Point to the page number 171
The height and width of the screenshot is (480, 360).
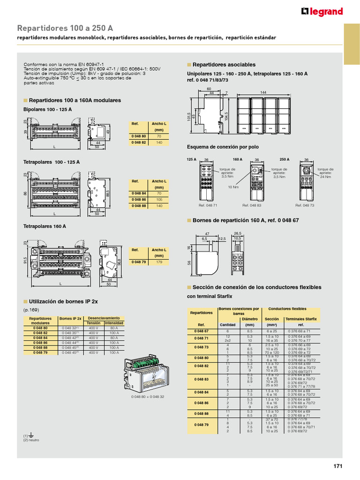338,466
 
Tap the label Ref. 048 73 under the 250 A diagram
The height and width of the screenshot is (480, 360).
305,205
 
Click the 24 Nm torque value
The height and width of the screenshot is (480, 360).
325,177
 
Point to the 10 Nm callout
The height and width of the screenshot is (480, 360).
233,187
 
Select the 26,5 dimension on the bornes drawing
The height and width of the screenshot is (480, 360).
237,233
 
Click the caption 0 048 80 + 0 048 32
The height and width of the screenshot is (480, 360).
148,397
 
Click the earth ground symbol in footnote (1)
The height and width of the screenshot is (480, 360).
31,435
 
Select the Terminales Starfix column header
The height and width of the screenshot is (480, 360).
301,319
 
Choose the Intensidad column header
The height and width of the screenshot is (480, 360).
113,323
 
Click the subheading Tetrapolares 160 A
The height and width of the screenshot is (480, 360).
45,226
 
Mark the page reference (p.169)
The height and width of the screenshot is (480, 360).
31,310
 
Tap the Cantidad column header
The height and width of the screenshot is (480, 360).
227,324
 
